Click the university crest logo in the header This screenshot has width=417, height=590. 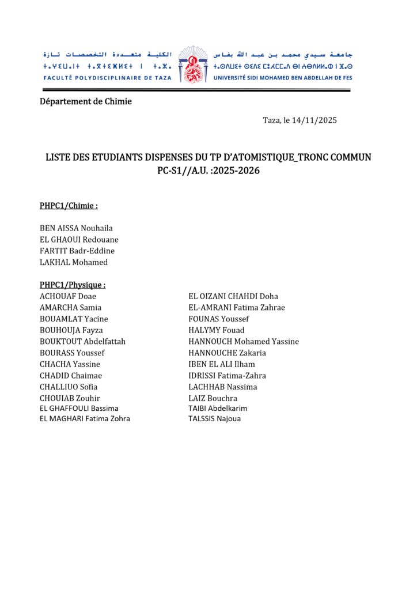(192, 65)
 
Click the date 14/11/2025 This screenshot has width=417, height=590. (314, 120)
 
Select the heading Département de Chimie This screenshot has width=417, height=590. (86, 101)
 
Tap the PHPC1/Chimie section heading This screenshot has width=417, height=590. (69, 206)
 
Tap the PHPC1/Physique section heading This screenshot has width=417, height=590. (73, 285)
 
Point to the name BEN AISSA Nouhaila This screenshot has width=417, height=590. (76, 228)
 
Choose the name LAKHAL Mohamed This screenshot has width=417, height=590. (74, 262)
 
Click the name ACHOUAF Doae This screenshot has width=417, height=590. (68, 296)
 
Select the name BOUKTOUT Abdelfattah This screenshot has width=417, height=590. (82, 341)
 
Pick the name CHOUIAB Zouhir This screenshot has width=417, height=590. (70, 398)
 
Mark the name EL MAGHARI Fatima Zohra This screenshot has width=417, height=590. (85, 419)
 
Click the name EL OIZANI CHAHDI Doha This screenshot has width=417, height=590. (233, 296)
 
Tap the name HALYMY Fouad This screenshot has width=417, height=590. (217, 330)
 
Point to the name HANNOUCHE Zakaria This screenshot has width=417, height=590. (228, 353)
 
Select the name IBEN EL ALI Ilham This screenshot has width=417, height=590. (222, 364)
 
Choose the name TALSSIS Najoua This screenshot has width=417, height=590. (215, 419)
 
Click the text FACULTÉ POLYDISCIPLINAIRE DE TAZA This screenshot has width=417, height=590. (107, 78)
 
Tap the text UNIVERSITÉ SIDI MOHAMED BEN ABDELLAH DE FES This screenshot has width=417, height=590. (283, 78)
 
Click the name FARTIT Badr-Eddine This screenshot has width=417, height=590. (77, 251)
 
